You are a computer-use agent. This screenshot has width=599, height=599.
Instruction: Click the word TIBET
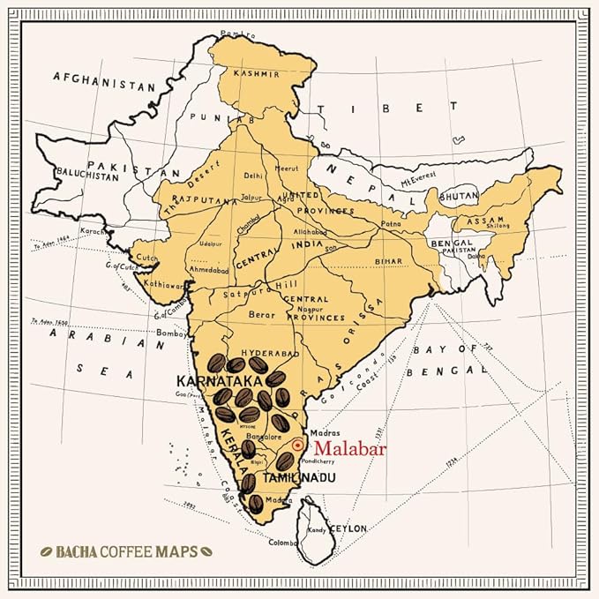pyautogui.click(x=387, y=109)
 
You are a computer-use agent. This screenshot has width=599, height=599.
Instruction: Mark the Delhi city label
pyautogui.click(x=254, y=175)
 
